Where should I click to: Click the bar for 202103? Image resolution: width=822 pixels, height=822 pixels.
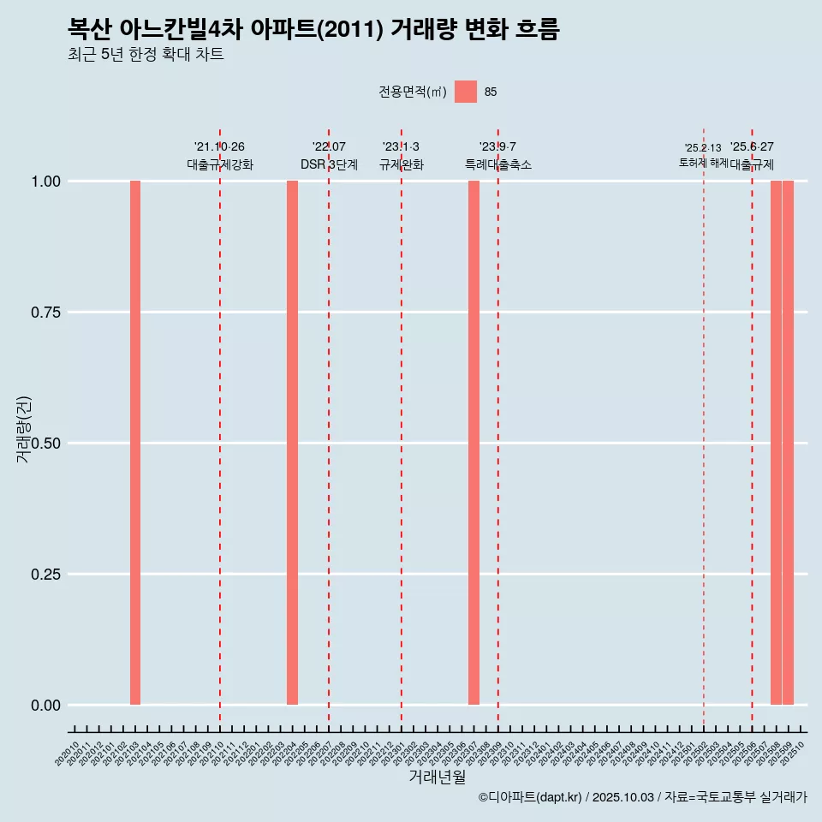(135, 443)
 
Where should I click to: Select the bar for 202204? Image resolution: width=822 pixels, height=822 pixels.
(292, 443)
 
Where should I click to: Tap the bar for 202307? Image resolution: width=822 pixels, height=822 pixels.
(474, 443)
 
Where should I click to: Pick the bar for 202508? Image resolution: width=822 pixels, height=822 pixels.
(776, 443)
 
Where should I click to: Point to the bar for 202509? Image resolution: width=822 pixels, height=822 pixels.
(788, 443)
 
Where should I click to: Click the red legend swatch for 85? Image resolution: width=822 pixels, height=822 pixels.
(466, 92)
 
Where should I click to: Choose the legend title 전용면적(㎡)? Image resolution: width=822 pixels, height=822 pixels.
(413, 92)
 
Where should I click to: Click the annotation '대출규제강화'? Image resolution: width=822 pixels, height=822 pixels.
(219, 164)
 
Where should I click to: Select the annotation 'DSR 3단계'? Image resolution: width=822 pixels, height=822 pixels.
(329, 164)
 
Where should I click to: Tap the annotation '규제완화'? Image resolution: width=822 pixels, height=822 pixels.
(402, 164)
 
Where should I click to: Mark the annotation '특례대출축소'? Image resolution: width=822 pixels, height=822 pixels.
(498, 164)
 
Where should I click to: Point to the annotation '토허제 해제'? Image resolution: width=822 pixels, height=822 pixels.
(703, 163)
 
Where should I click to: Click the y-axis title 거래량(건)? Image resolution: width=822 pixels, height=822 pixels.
(24, 428)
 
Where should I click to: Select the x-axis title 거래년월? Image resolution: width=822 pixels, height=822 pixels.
(437, 777)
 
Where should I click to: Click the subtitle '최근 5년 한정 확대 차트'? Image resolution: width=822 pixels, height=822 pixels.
(146, 55)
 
